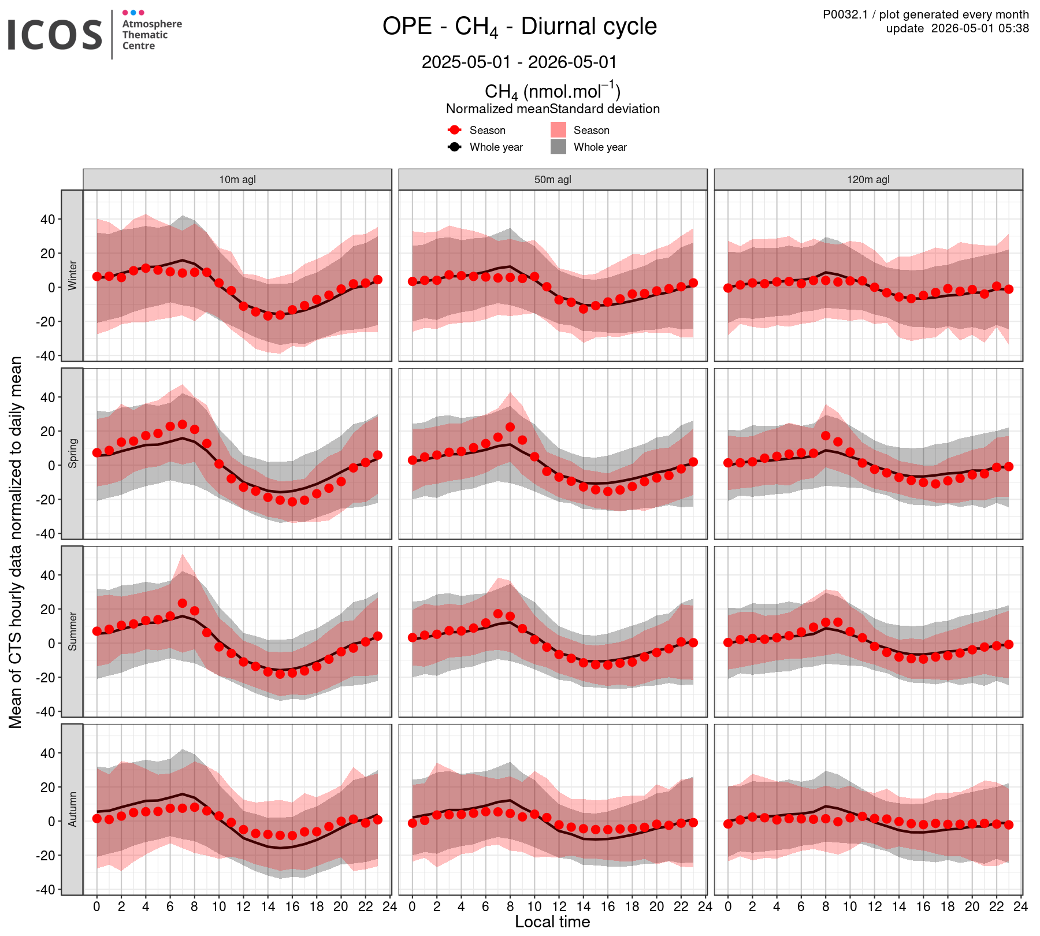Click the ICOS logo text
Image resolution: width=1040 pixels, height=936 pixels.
[x=55, y=35]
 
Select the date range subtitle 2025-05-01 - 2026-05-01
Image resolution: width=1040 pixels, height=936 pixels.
[x=519, y=62]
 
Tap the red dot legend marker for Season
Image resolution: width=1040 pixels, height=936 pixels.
[x=455, y=130]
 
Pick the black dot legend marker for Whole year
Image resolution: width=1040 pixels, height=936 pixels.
[x=455, y=147]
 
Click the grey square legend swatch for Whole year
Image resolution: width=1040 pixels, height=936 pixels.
[x=558, y=147]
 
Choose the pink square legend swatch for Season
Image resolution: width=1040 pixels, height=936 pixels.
[x=558, y=130]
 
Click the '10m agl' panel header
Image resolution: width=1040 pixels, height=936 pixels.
[x=237, y=180]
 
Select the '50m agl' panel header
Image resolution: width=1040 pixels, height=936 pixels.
[x=553, y=180]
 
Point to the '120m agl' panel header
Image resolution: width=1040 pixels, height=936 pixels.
[x=868, y=180]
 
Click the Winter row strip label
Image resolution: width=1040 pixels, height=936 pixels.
[x=72, y=276]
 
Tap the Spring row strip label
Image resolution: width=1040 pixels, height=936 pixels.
[x=72, y=454]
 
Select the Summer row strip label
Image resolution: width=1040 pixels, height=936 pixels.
[x=72, y=632]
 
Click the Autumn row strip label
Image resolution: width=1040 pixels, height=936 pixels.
[x=72, y=809]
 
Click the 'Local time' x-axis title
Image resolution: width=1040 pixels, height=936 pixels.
[x=553, y=922]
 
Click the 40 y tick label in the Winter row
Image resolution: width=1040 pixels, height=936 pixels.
[x=48, y=220]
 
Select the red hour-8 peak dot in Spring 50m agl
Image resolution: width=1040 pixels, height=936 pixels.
[x=510, y=428]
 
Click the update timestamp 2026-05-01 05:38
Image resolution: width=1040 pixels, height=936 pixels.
[x=957, y=28]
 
